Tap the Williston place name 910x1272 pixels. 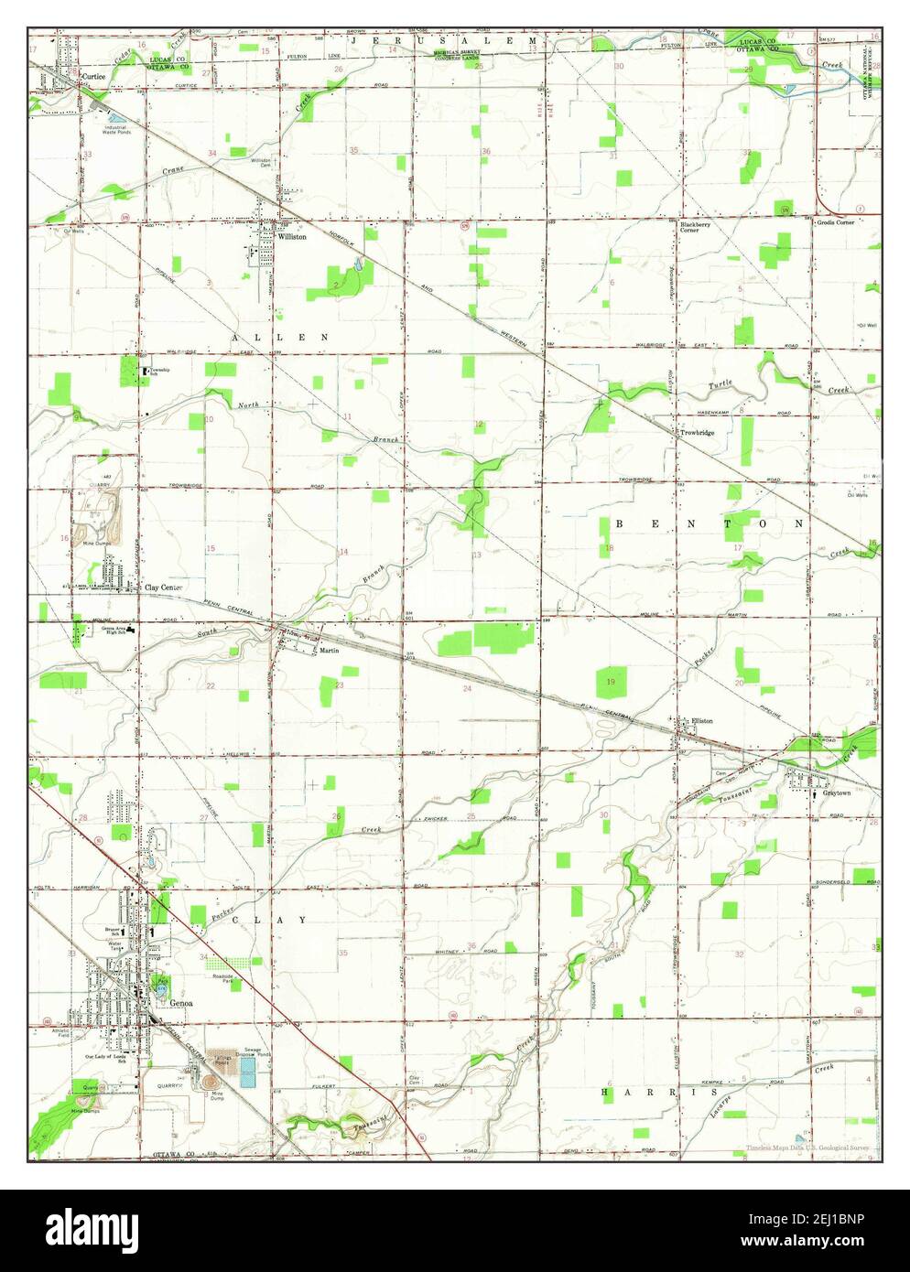[x=294, y=235]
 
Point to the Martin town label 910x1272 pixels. [x=330, y=651]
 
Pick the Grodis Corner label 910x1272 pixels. [x=837, y=222]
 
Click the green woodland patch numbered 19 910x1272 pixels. [x=611, y=682]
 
